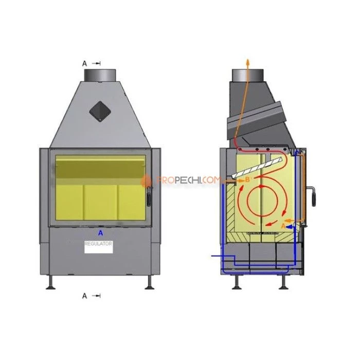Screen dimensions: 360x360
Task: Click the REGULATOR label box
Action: (x=99, y=247)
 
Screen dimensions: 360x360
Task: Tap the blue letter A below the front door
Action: (x=101, y=233)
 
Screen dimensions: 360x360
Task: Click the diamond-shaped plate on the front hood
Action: (x=100, y=112)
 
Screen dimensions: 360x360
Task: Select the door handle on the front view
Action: (x=150, y=196)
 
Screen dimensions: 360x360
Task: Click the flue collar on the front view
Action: (x=100, y=75)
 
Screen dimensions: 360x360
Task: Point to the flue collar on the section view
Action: (x=248, y=75)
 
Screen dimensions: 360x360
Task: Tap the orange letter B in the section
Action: (x=247, y=179)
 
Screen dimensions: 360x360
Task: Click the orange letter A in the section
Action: (x=283, y=226)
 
